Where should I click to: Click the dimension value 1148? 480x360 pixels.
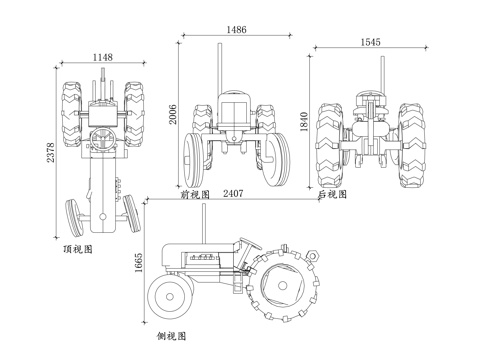(x=103, y=57)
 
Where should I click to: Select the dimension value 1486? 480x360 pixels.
(x=237, y=30)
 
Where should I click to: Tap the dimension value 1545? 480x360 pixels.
(x=371, y=42)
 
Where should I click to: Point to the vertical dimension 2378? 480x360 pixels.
(x=50, y=152)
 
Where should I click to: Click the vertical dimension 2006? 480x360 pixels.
(x=173, y=114)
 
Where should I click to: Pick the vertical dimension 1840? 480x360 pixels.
(x=304, y=122)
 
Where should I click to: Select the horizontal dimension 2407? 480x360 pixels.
(x=233, y=193)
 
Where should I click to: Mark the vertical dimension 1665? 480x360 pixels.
(x=138, y=263)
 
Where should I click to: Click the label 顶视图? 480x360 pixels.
(x=78, y=249)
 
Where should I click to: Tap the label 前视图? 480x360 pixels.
(x=195, y=194)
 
